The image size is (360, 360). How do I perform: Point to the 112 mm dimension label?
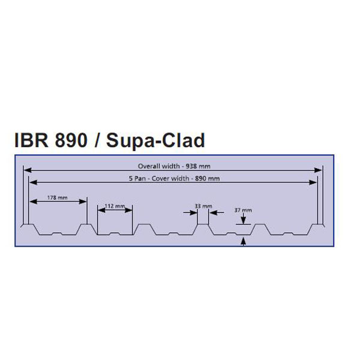113,206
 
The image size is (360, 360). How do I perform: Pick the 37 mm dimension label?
242,210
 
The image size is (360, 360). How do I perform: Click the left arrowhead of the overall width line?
27,171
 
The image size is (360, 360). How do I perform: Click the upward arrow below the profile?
243,241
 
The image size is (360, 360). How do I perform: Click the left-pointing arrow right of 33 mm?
217,212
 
